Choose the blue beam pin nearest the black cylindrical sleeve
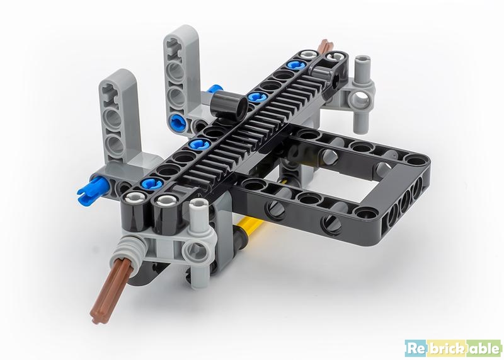click(x=255, y=96)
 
